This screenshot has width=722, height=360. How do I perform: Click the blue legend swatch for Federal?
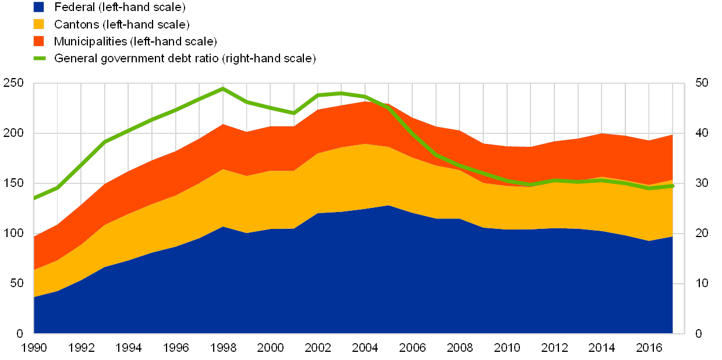(x=39, y=7)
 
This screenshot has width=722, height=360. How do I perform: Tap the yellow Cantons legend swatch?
(x=39, y=24)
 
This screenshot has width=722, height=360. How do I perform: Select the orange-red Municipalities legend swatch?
(x=39, y=41)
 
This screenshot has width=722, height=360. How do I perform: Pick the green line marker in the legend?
(x=39, y=58)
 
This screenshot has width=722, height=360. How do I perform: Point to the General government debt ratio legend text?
(x=185, y=58)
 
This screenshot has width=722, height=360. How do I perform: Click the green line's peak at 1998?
(x=223, y=89)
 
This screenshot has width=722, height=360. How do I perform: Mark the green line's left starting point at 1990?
(x=34, y=199)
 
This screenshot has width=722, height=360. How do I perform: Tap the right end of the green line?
(x=673, y=186)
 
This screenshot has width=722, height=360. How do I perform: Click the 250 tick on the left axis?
(x=13, y=83)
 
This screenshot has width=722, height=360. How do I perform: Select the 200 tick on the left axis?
(x=13, y=133)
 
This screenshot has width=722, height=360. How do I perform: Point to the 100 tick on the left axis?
(x=13, y=233)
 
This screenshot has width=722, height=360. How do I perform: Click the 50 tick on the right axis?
(x=701, y=83)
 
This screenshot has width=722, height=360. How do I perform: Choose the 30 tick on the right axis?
(x=701, y=183)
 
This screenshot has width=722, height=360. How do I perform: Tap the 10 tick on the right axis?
(x=701, y=283)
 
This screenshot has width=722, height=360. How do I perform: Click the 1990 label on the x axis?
(x=34, y=348)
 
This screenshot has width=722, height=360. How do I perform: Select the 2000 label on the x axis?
(x=271, y=348)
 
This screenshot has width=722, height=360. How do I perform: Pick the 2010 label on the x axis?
(x=507, y=348)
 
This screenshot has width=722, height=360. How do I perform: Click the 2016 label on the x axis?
(x=649, y=348)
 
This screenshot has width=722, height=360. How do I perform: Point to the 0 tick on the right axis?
(x=698, y=333)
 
